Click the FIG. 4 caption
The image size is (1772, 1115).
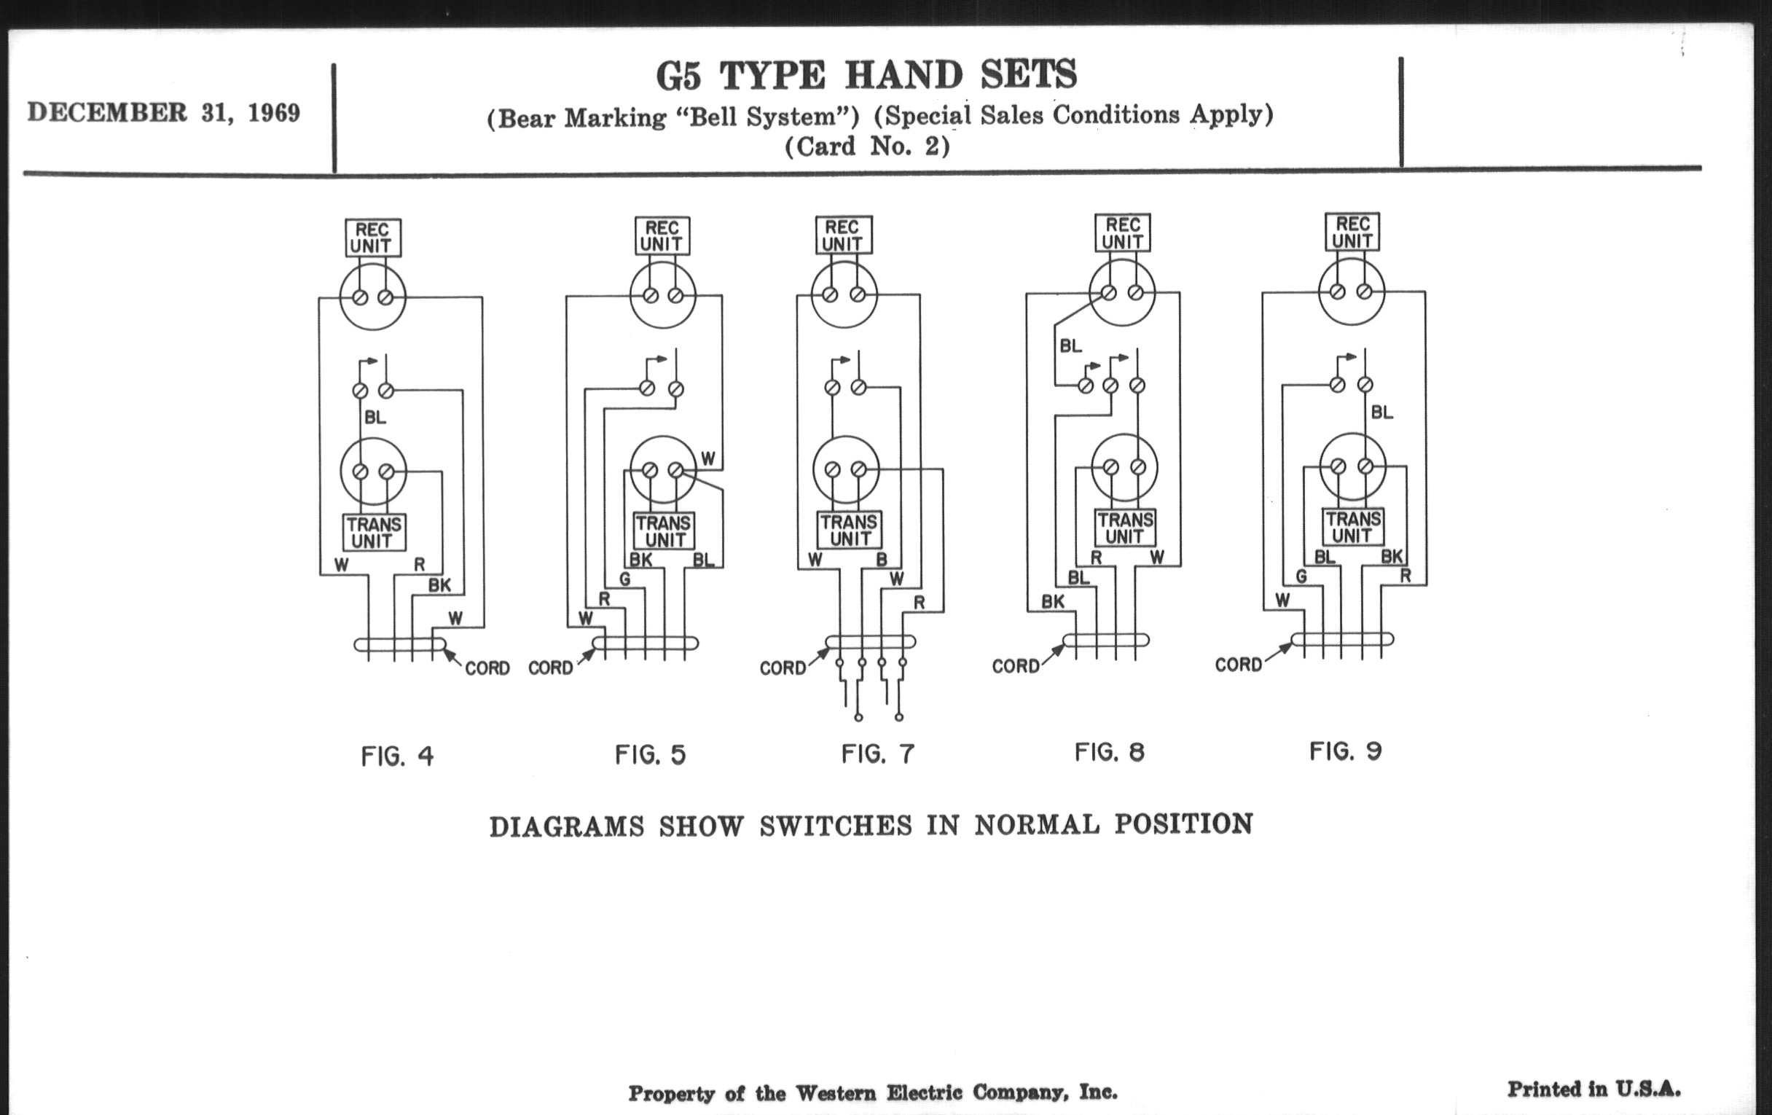pyautogui.click(x=397, y=756)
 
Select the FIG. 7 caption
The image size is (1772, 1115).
pyautogui.click(x=878, y=754)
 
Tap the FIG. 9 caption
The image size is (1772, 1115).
pyautogui.click(x=1345, y=751)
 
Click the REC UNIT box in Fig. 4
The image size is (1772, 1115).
pyautogui.click(x=373, y=238)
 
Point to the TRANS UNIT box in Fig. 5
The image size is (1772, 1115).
pyautogui.click(x=664, y=531)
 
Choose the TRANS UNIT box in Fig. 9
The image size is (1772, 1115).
pyautogui.click(x=1352, y=527)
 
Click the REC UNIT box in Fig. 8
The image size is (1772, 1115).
pyautogui.click(x=1122, y=232)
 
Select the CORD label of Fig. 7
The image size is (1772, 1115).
pyautogui.click(x=783, y=668)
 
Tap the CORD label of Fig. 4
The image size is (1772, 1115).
pyautogui.click(x=487, y=668)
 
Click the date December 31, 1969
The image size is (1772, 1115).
pyautogui.click(x=163, y=113)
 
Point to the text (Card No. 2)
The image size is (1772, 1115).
pyautogui.click(x=867, y=146)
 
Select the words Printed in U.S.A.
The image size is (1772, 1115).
pyautogui.click(x=1593, y=1089)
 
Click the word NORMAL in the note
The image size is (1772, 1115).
pyautogui.click(x=1037, y=824)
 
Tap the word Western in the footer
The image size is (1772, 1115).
pyautogui.click(x=836, y=1093)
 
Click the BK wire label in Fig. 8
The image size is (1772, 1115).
pyautogui.click(x=1052, y=601)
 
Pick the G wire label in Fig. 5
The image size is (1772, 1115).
pyautogui.click(x=624, y=579)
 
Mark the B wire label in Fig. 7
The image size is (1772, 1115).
pyautogui.click(x=881, y=560)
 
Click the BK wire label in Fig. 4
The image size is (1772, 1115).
pyautogui.click(x=439, y=585)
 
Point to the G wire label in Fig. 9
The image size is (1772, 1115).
pyautogui.click(x=1301, y=576)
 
